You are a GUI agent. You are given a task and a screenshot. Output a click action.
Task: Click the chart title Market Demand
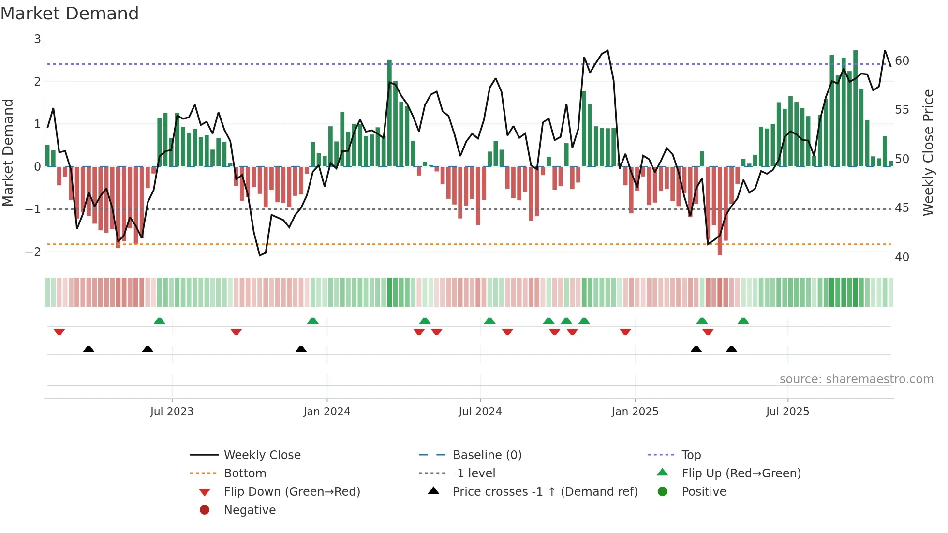click(70, 14)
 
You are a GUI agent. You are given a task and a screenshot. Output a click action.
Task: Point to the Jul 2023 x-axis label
click(172, 412)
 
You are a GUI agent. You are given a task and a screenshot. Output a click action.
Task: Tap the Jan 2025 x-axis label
click(635, 412)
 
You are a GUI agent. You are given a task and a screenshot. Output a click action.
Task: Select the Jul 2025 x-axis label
click(787, 412)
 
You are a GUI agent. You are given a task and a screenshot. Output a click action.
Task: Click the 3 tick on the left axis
click(37, 39)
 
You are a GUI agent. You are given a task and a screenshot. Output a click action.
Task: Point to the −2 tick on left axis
click(33, 252)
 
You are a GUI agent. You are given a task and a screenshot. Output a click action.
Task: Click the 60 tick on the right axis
click(902, 61)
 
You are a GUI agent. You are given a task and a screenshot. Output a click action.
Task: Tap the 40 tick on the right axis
click(902, 257)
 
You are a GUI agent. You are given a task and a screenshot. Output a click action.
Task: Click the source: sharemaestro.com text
click(856, 379)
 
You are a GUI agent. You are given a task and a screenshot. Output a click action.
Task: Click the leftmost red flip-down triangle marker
click(59, 332)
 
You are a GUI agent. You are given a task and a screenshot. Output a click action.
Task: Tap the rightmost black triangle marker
click(731, 349)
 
